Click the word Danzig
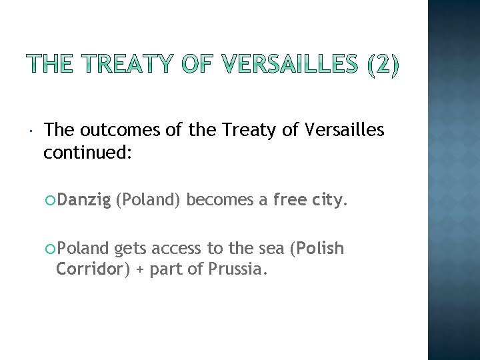coord(83,199)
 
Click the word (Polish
coord(317,249)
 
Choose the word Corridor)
coord(90,270)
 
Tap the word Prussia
coord(238,270)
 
